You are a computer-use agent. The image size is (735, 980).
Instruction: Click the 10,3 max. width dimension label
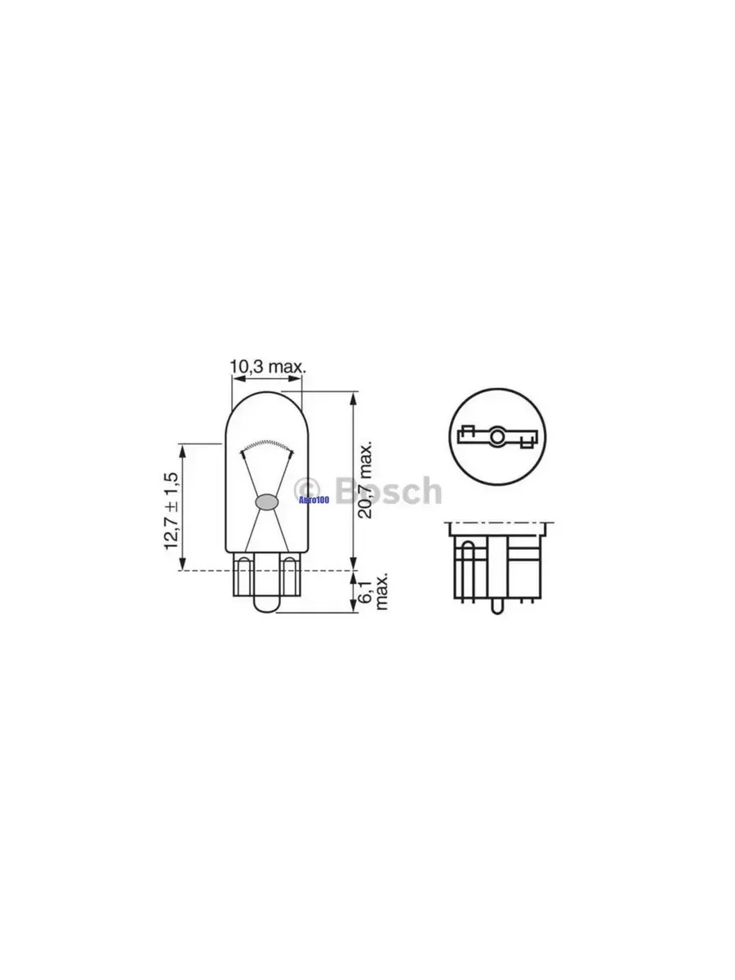(268, 367)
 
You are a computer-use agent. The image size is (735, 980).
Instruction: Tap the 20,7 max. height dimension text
(365, 480)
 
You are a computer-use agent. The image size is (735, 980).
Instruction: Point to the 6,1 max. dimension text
(373, 591)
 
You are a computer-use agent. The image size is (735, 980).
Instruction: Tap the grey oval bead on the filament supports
(266, 501)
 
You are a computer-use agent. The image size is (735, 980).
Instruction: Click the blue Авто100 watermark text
(314, 500)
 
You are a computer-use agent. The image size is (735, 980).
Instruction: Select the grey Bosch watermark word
(388, 490)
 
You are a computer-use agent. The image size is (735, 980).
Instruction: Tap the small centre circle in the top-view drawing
(497, 436)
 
